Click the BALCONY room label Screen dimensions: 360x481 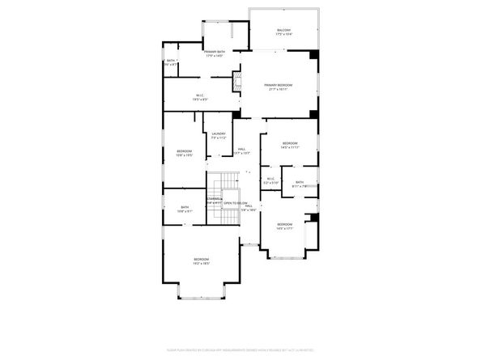283,30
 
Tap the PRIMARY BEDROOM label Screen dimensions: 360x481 279,86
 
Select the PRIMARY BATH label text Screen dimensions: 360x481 215,52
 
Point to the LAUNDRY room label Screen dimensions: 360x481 219,133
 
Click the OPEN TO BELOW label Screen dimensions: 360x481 235,202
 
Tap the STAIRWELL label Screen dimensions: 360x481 214,198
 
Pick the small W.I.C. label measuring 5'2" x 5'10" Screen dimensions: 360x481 270,179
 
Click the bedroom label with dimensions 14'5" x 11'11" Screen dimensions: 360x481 290,143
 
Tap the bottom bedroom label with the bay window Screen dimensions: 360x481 202,259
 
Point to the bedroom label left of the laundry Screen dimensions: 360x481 185,151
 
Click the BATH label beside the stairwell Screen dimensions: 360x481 185,206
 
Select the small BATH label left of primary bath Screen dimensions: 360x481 171,61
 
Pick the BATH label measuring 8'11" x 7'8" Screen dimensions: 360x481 299,182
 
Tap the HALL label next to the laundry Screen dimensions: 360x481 241,149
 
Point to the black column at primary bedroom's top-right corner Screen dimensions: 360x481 314,55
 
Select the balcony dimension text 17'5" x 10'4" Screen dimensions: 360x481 283,34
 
